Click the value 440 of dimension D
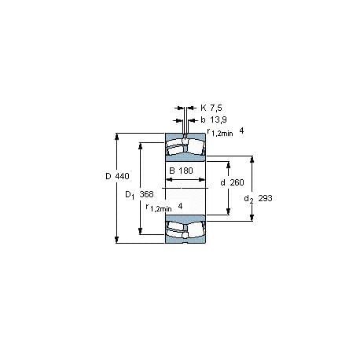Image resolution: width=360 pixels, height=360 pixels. point(123,176)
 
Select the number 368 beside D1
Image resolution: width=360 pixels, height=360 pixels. point(146,194)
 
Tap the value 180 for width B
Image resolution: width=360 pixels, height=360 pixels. point(186,171)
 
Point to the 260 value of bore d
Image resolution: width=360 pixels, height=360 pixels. point(237,182)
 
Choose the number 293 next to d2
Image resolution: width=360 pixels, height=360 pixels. point(265,198)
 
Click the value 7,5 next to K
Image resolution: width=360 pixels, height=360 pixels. point(216,108)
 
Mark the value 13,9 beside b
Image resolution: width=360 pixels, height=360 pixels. point(219,119)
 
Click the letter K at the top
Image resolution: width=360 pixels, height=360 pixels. point(204,108)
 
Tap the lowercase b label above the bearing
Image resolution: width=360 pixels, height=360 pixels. point(203,119)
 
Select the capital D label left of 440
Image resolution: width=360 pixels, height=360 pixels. point(108,176)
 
